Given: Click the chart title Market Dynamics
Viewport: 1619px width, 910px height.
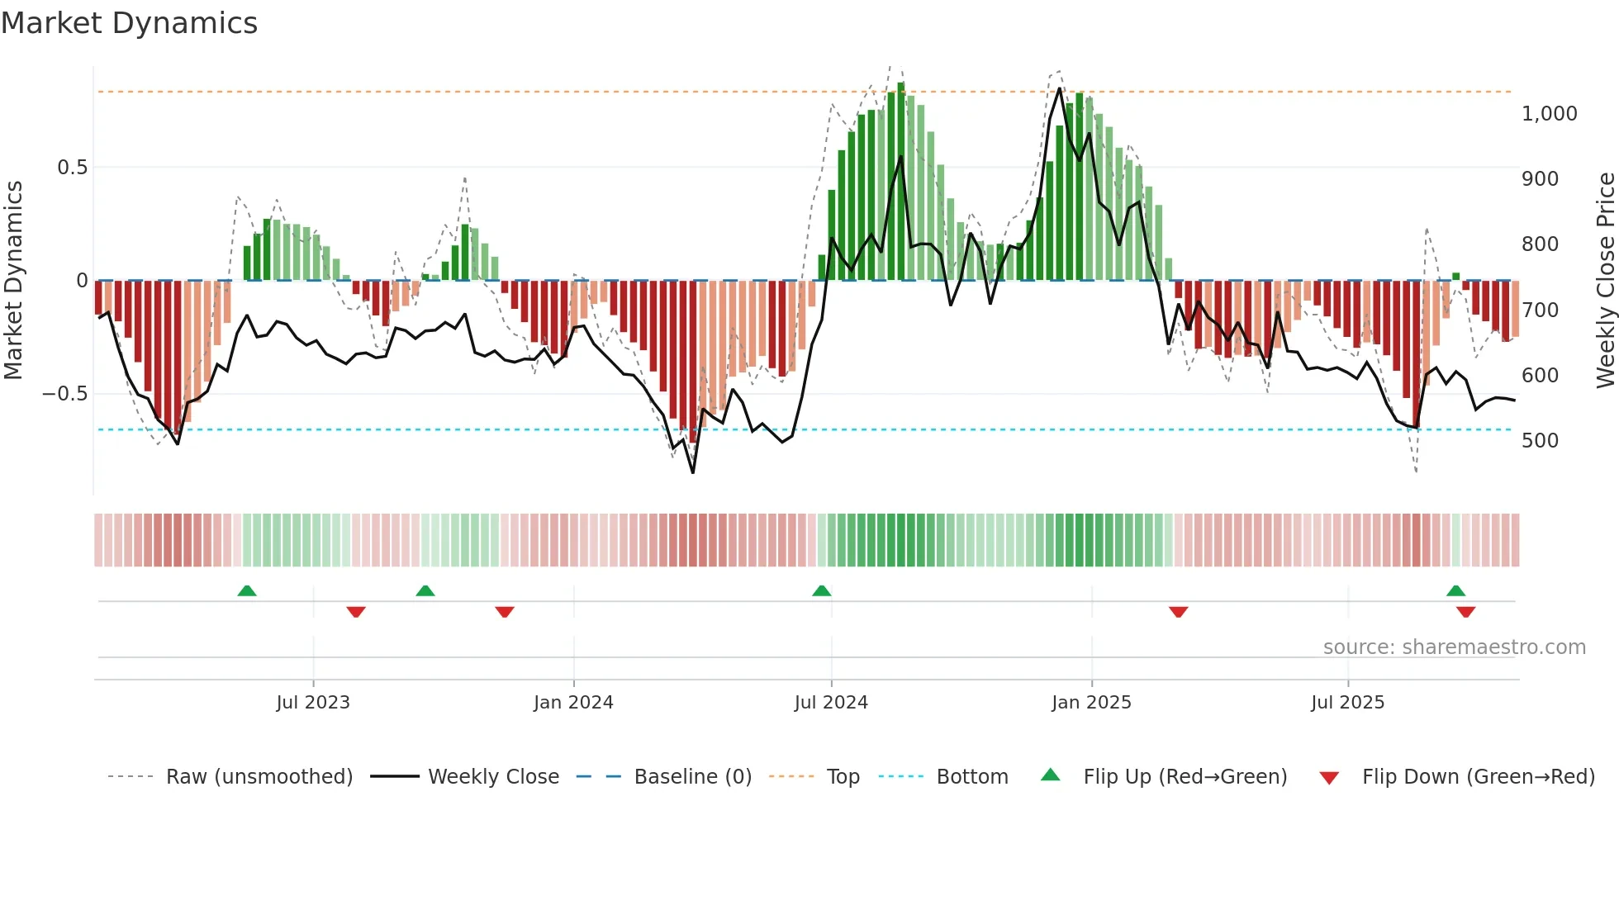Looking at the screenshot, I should (x=129, y=23).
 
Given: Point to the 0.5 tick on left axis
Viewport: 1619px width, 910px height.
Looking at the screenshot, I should (x=72, y=168).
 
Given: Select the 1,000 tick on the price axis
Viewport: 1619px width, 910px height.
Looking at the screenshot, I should (x=1549, y=114).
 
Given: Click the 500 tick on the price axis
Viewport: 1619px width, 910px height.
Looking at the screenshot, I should (x=1540, y=441).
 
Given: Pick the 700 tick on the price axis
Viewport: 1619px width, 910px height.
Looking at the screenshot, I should (x=1540, y=310).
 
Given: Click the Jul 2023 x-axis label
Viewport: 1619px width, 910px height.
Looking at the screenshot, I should (x=313, y=703).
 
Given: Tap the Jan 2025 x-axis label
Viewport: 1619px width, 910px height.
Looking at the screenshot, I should (x=1091, y=703).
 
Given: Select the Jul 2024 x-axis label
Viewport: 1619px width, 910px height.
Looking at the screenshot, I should (x=831, y=703).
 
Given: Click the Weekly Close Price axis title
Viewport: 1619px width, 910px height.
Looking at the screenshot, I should (x=1605, y=281).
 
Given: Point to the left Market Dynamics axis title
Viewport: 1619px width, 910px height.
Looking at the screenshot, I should (x=13, y=281).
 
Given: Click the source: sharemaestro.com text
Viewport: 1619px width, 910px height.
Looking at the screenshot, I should (x=1454, y=647).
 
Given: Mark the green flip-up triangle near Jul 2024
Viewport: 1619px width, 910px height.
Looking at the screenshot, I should (x=821, y=591).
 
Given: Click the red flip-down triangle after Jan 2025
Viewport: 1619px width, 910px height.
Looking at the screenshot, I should (x=1178, y=612).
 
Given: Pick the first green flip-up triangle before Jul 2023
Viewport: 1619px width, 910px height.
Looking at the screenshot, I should (x=246, y=591).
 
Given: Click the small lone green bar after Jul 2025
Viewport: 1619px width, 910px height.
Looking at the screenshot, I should (x=1455, y=277).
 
